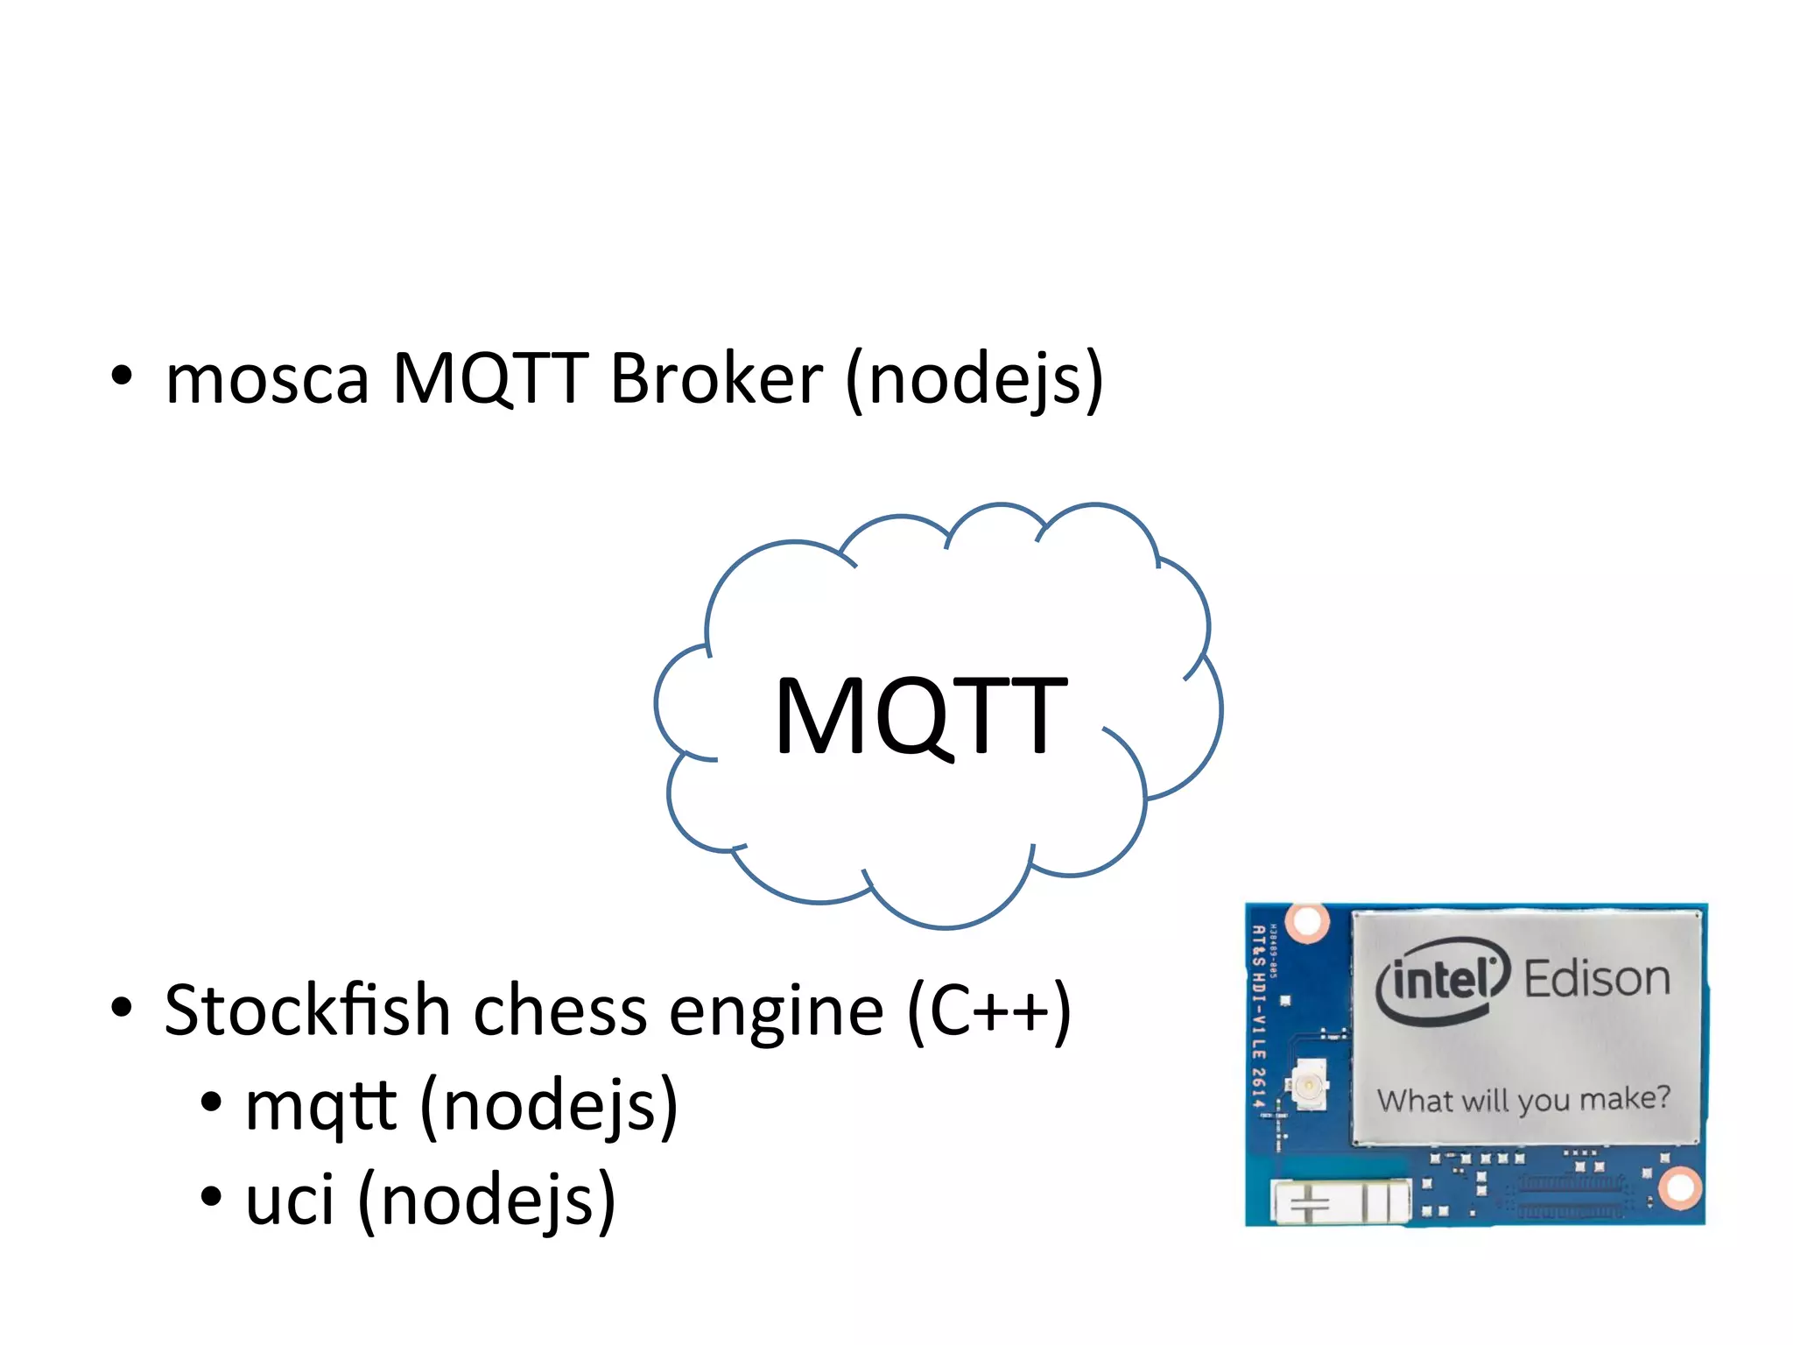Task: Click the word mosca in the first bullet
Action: point(267,380)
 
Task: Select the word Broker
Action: point(716,378)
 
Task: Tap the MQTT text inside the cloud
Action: point(920,715)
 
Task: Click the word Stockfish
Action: point(306,1011)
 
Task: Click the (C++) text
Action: point(989,1012)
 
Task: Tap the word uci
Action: point(290,1200)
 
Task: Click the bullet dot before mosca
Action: point(122,377)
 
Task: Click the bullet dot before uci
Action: point(210,1196)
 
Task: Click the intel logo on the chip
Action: point(1443,980)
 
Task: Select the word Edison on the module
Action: point(1597,978)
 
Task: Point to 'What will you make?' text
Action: point(1523,1099)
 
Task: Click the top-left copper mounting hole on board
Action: point(1308,921)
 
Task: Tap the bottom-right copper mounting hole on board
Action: point(1679,1188)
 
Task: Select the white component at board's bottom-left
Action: point(1339,1201)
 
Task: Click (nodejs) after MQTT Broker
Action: point(974,380)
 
